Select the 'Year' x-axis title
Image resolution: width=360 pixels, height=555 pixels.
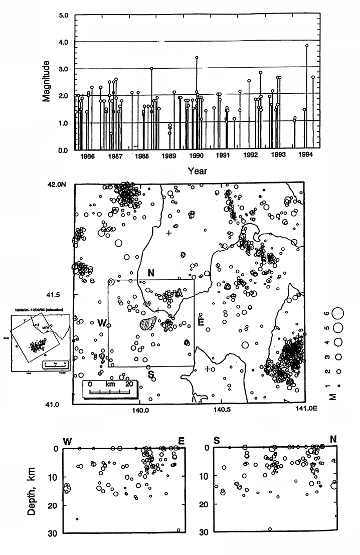click(x=197, y=171)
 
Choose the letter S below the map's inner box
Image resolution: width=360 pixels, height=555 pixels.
click(x=149, y=374)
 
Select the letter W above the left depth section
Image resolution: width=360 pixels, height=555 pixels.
click(x=67, y=441)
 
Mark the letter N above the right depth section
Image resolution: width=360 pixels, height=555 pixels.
click(x=332, y=440)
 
